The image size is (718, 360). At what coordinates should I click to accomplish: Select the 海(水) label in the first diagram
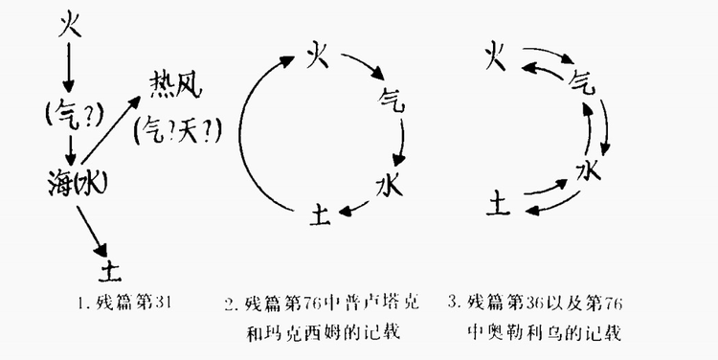[76, 180]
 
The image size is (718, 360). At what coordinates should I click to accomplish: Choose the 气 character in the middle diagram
[391, 98]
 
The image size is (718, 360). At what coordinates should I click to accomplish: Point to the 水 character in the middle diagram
[389, 181]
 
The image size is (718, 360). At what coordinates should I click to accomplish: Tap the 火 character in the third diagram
[494, 55]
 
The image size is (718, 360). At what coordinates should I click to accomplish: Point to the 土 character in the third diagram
[499, 202]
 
